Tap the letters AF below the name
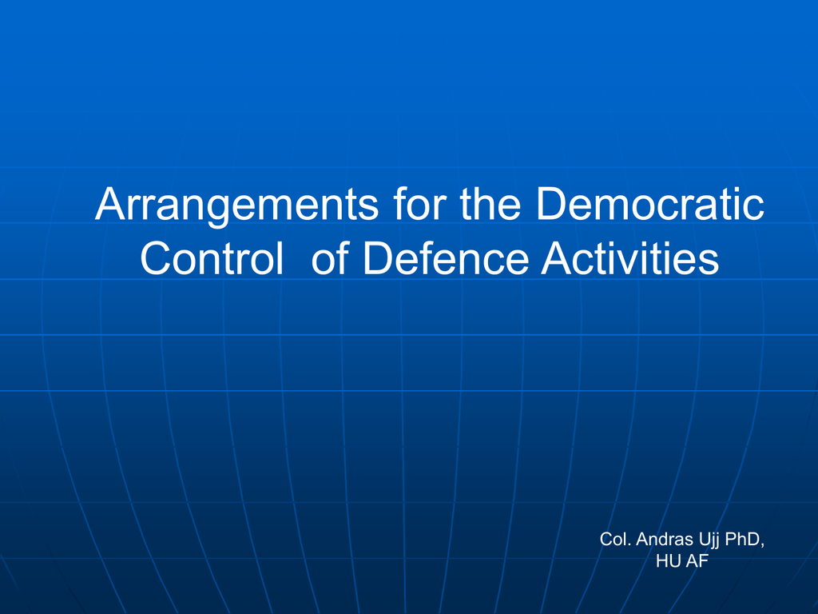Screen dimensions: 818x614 click(697, 561)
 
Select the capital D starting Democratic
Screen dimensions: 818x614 click(552, 203)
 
